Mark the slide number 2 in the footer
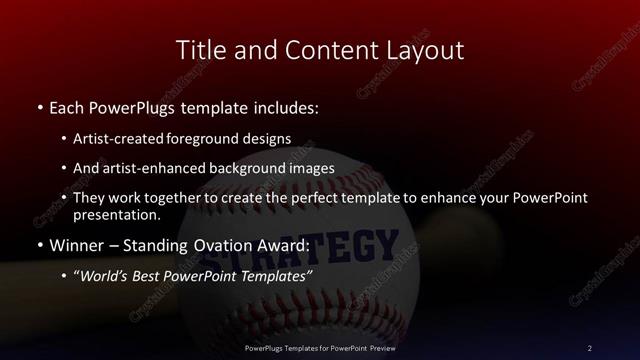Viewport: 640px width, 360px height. coord(589,347)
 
